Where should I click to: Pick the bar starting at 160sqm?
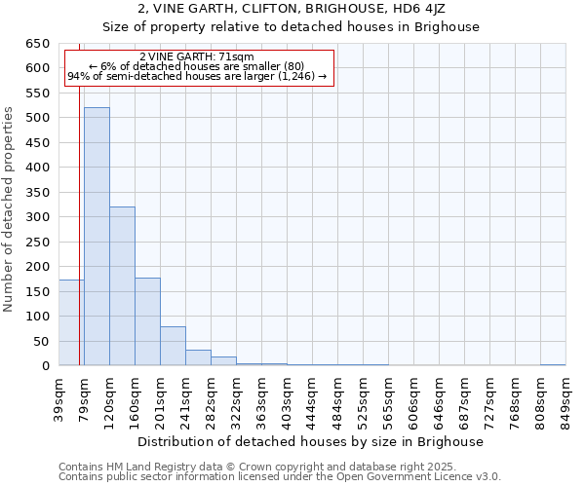click(147, 321)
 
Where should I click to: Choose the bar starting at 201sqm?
click(173, 346)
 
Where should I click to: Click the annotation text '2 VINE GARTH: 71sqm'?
click(197, 56)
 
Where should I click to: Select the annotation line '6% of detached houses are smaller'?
click(197, 66)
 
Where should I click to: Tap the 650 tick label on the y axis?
click(37, 44)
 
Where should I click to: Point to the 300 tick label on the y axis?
click(37, 217)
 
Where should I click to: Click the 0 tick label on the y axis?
click(45, 366)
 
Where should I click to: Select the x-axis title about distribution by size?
click(311, 441)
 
